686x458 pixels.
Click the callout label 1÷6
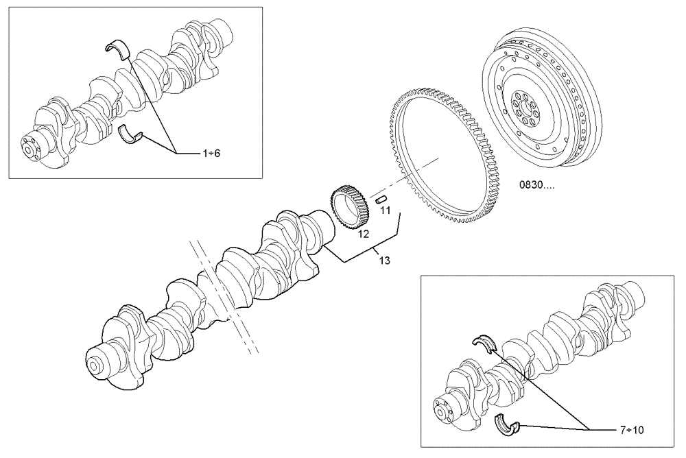pyautogui.click(x=211, y=153)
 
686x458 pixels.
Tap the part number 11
pyautogui.click(x=385, y=210)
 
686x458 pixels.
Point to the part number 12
pyautogui.click(x=363, y=234)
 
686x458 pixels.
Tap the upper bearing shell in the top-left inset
pyautogui.click(x=117, y=47)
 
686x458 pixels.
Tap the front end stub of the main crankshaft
pyautogui.click(x=99, y=360)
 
